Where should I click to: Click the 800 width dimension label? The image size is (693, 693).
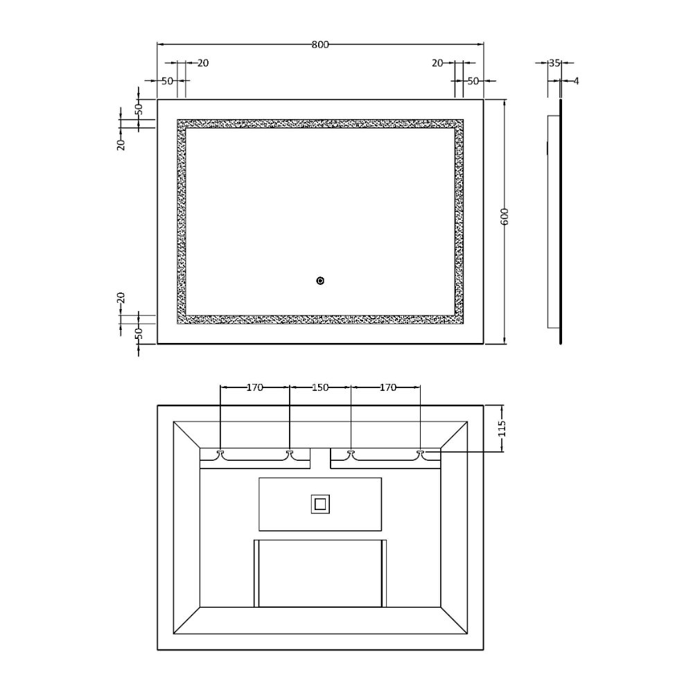[x=320, y=44]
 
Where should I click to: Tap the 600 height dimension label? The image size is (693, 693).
[x=505, y=216]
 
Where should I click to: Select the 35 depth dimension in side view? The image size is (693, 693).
[x=554, y=63]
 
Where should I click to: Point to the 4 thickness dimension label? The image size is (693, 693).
[x=576, y=81]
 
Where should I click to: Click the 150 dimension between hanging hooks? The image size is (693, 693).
[x=320, y=387]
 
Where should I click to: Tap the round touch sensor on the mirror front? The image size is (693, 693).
[x=320, y=281]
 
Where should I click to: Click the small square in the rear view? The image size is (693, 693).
[x=320, y=504]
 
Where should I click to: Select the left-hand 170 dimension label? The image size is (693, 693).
[x=254, y=387]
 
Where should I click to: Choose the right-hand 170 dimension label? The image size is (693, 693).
[x=387, y=387]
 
